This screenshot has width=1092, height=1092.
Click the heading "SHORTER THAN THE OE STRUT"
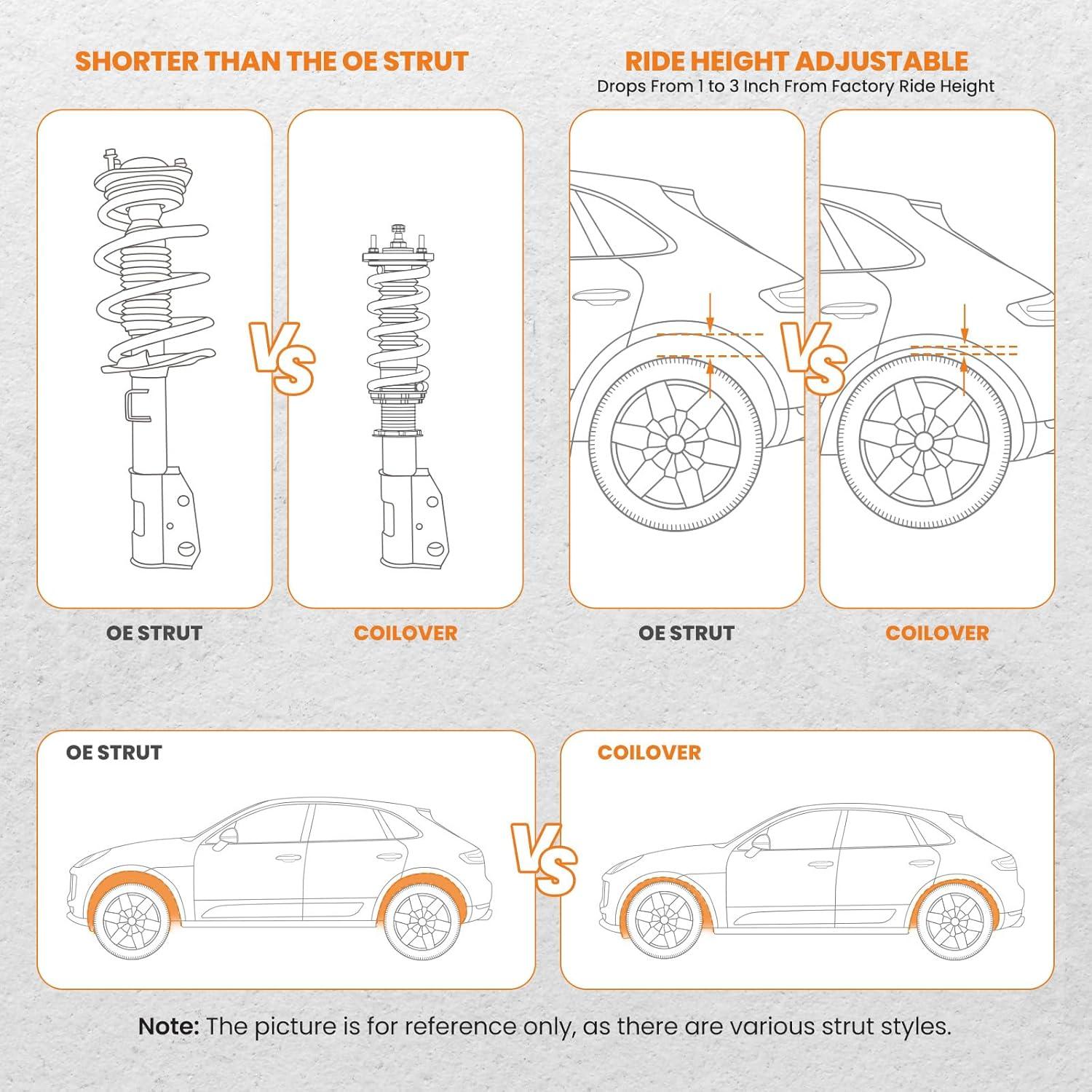272,61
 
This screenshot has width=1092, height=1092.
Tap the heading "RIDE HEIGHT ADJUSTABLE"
796,61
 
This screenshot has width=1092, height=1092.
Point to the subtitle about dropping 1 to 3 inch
795,87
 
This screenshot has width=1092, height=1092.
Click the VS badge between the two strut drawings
282,358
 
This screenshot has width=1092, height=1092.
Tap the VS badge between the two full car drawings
544,859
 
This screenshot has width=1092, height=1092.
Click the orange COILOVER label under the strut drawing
405,633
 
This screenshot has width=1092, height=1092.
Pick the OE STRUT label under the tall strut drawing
154,633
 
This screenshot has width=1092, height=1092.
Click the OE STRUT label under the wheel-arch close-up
686,633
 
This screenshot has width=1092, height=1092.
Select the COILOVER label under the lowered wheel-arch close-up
937,633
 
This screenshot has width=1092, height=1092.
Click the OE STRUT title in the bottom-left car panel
114,753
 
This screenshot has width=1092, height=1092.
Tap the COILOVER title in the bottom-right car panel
649,753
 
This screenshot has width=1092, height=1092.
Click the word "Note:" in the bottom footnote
168,1026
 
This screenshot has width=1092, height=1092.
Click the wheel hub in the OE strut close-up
674,444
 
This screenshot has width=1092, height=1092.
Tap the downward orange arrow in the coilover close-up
965,323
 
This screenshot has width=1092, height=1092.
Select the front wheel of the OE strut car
132,922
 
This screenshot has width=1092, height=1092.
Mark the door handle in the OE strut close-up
601,296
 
